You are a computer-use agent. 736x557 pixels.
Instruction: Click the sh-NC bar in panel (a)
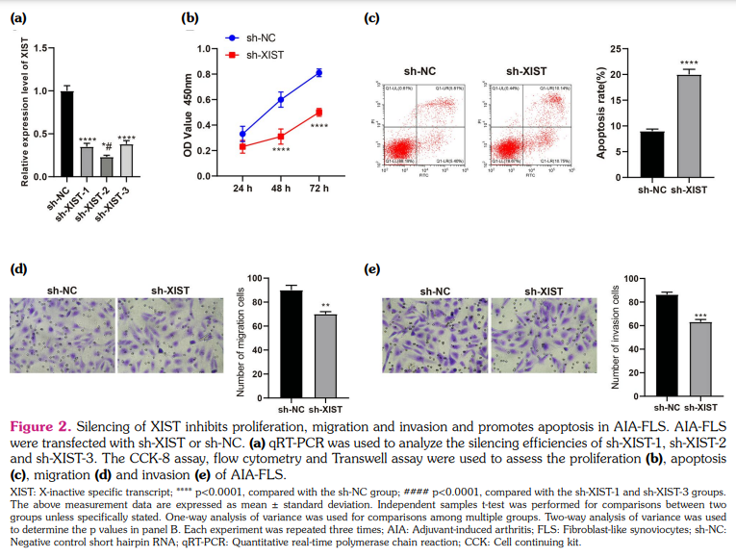[66, 134]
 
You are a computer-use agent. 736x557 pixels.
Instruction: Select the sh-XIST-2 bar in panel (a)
[107, 167]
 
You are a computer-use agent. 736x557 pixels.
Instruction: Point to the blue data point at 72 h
[318, 73]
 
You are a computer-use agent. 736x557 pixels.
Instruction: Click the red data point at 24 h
[242, 147]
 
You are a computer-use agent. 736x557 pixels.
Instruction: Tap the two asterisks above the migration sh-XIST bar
[326, 305]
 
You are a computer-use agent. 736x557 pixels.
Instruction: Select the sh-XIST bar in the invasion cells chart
[699, 359]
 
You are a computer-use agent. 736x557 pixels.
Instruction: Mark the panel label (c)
[372, 17]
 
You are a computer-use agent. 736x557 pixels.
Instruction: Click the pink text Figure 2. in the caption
[38, 426]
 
